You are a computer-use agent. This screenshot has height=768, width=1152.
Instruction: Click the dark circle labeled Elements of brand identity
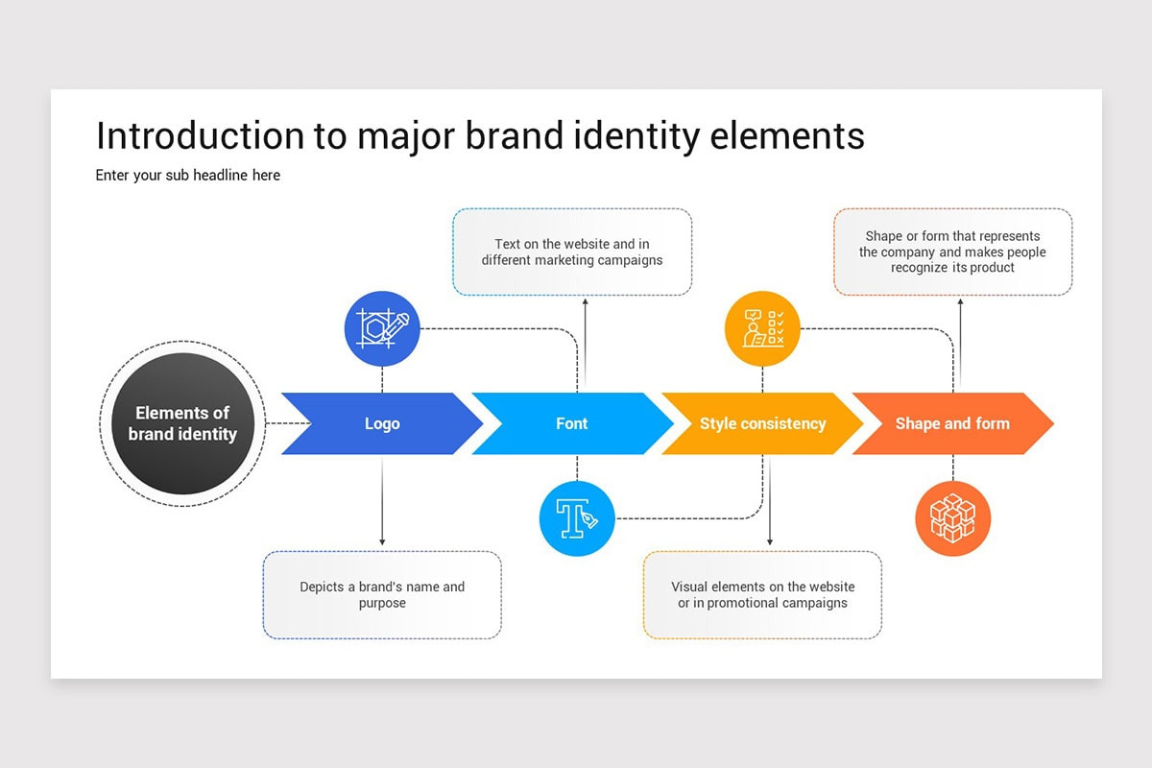[x=182, y=423]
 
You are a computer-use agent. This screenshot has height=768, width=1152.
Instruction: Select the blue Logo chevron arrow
[x=382, y=423]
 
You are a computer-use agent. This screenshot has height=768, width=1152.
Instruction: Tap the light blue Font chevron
[x=572, y=423]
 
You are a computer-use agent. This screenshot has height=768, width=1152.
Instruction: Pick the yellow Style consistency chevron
[x=762, y=423]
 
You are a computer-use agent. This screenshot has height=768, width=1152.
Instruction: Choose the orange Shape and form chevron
[x=952, y=423]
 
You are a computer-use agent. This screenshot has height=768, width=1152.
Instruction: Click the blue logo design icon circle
[x=382, y=328]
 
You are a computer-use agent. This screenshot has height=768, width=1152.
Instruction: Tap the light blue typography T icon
[x=577, y=518]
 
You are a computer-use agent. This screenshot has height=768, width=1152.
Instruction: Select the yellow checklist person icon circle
[x=762, y=328]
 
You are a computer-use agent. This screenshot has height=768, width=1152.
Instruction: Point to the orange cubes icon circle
[x=953, y=518]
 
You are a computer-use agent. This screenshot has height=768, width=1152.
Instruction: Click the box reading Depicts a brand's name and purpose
[x=382, y=595]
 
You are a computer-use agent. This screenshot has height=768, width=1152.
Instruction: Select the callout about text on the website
[x=572, y=252]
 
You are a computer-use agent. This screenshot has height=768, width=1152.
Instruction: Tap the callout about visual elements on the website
[x=762, y=595]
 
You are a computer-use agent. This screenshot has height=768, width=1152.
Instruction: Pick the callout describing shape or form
[x=953, y=252]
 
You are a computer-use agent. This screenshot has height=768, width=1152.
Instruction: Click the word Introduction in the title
[x=200, y=135]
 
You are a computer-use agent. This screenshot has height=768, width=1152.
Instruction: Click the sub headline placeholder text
[x=188, y=176]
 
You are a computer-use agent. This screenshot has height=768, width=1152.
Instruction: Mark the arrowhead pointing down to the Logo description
[x=382, y=541]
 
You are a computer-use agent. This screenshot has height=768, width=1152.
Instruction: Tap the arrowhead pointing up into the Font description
[x=586, y=302]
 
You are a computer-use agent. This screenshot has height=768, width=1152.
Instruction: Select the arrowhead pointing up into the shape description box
[x=960, y=302]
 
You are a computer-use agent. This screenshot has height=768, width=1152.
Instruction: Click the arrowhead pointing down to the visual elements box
[x=770, y=541]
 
